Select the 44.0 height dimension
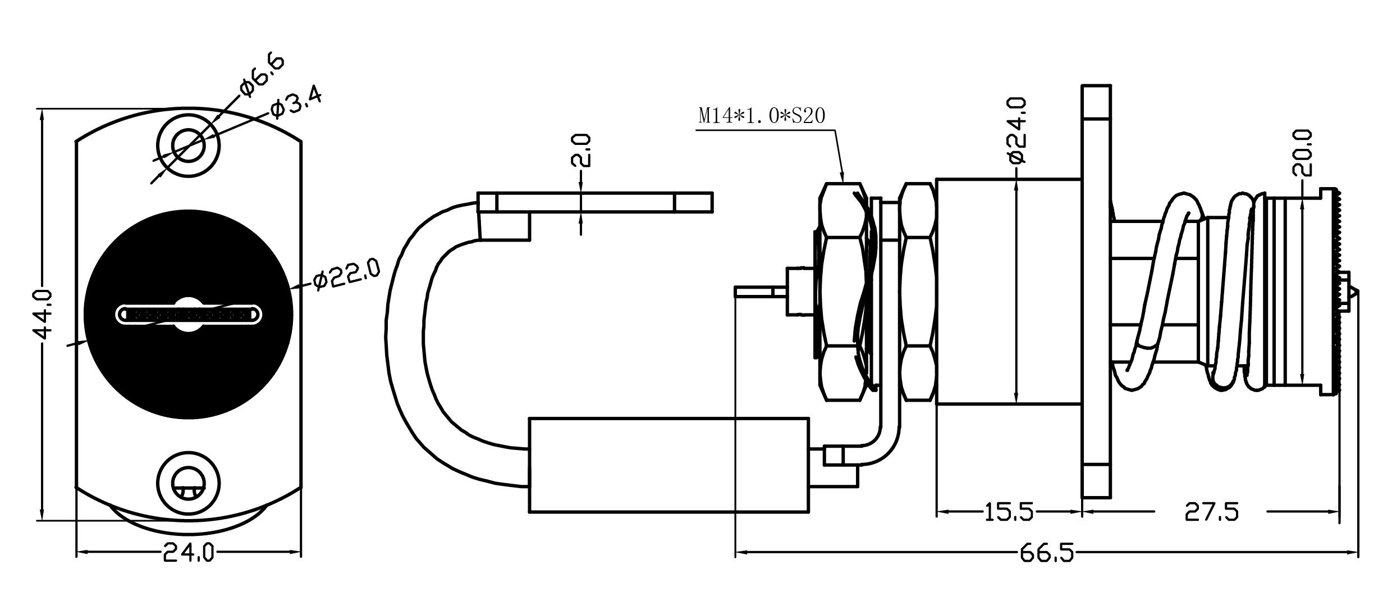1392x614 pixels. (x=43, y=315)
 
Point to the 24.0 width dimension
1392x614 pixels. (x=189, y=554)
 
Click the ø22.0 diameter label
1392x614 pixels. (x=346, y=274)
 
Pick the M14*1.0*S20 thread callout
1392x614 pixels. (x=762, y=116)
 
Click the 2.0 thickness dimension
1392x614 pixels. (x=581, y=151)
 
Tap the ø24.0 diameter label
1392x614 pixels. (x=1017, y=138)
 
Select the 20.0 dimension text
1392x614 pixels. (x=1303, y=153)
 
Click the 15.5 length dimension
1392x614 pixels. (x=1009, y=512)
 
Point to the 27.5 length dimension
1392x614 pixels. (x=1211, y=512)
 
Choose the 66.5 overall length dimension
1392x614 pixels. (x=1047, y=554)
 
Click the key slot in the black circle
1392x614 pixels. (x=189, y=314)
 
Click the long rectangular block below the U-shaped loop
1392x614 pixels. (x=668, y=465)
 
